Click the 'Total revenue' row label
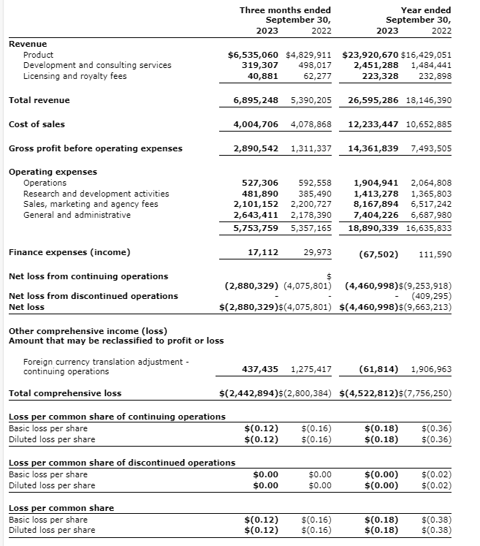[39, 100]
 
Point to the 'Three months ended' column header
[285, 10]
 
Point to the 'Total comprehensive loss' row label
[65, 393]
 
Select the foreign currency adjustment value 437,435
[260, 370]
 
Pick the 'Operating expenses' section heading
[53, 172]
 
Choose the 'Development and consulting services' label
[97, 65]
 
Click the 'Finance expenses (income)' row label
[69, 252]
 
